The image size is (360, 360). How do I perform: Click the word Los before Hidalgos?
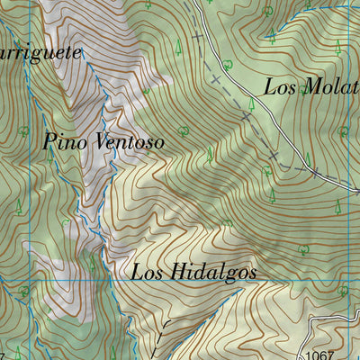click(x=148, y=271)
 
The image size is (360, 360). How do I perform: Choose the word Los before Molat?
click(x=281, y=87)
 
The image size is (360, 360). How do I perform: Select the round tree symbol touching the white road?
click(x=228, y=65)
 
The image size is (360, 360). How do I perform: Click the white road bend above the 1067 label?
click(x=317, y=321)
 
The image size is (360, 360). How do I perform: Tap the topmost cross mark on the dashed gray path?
click(x=197, y=38)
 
